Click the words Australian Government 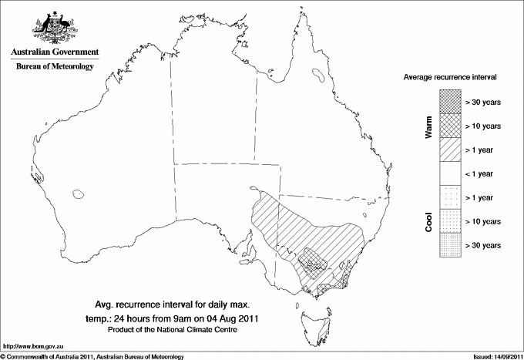pyautogui.click(x=55, y=52)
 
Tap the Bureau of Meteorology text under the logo pyautogui.click(x=55, y=67)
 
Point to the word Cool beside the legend pyautogui.click(x=428, y=220)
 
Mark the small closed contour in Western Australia pyautogui.click(x=78, y=193)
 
